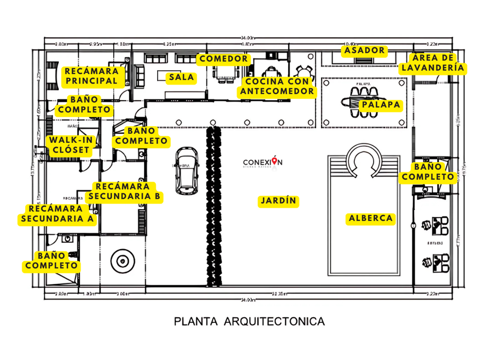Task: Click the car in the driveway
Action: tap(185, 170)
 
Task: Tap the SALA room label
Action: tap(180, 77)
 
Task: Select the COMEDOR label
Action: tap(223, 58)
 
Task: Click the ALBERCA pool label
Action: tap(371, 218)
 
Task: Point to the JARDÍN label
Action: tap(279, 201)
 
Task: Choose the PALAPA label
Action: tap(381, 105)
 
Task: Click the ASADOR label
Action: tap(364, 50)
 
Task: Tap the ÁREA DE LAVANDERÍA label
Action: tap(432, 62)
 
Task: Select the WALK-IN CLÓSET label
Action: tap(69, 145)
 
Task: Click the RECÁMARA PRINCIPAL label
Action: tap(91, 76)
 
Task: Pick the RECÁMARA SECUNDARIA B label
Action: tap(125, 191)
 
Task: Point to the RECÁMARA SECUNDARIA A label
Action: tap(58, 213)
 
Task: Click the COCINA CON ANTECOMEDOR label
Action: tap(277, 86)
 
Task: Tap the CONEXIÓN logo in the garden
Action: tap(262, 163)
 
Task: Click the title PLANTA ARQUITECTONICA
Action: tap(249, 321)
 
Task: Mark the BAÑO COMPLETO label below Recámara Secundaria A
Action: tap(51, 261)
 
